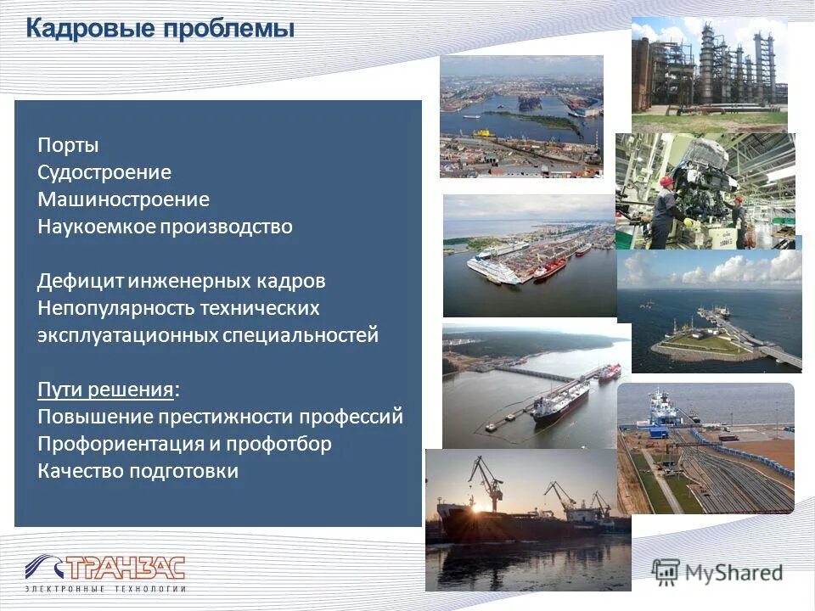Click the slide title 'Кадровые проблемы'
tap(160, 30)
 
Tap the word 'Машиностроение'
tap(123, 199)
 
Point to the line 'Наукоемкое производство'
tap(165, 227)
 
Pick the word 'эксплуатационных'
tap(127, 335)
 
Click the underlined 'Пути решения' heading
tap(107, 390)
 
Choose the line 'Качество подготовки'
tap(138, 471)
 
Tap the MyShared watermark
tap(717, 571)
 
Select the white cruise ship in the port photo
tap(492, 270)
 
